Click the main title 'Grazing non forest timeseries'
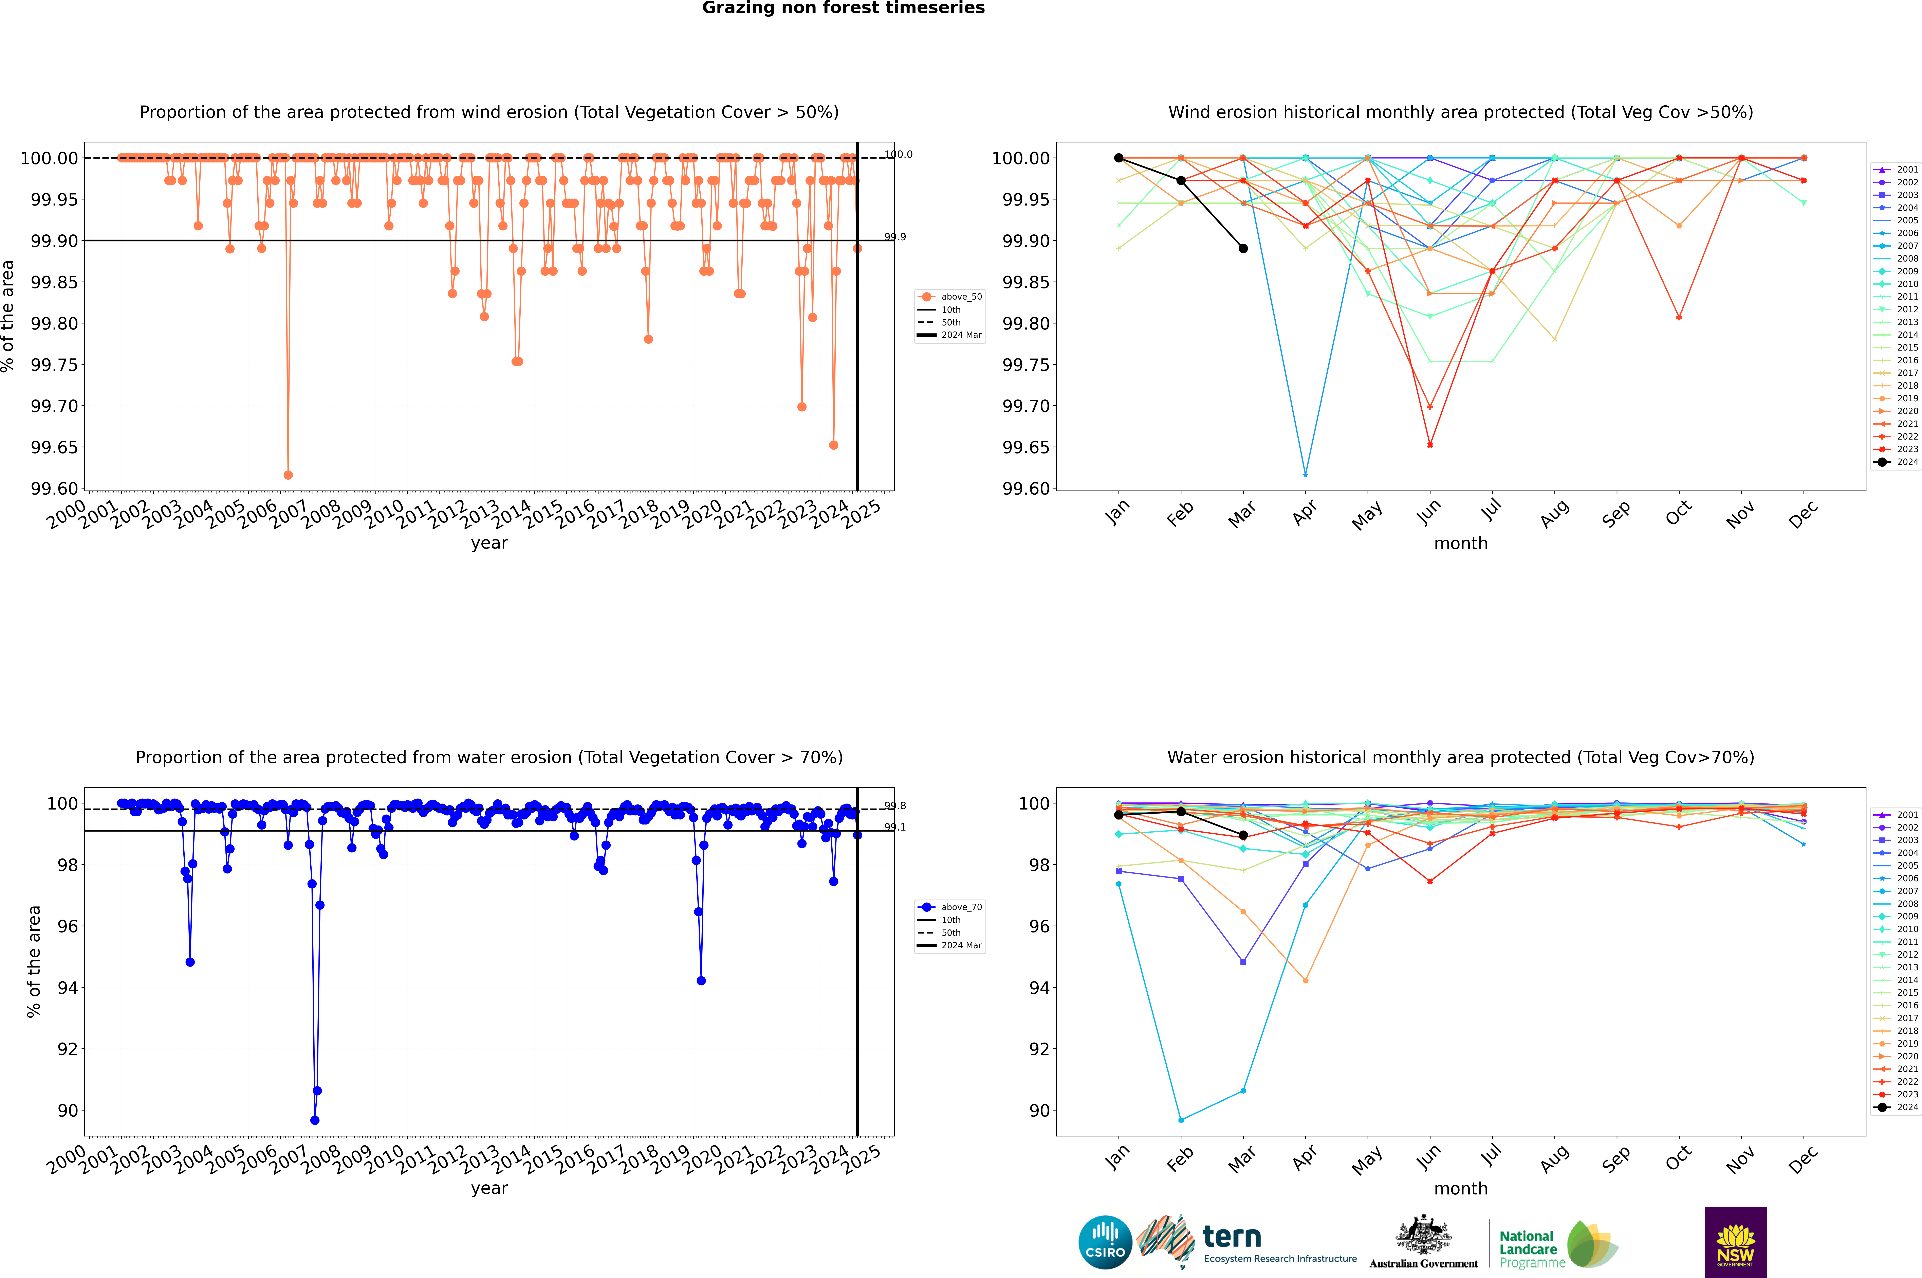tap(843, 8)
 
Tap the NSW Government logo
tap(1735, 1242)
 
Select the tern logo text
tap(1232, 1237)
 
